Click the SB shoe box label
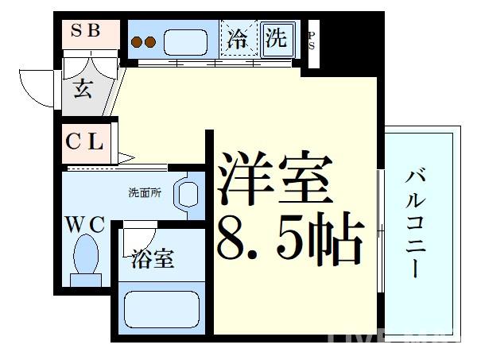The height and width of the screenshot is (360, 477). pyautogui.click(x=87, y=32)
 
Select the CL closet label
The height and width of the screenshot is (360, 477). pyautogui.click(x=84, y=143)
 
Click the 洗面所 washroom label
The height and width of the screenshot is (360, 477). pyautogui.click(x=145, y=193)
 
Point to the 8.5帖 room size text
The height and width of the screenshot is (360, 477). pyautogui.click(x=290, y=239)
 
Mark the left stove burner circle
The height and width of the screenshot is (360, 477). pyautogui.click(x=137, y=42)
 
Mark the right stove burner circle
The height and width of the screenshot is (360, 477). pyautogui.click(x=149, y=42)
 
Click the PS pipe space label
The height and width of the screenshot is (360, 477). pyautogui.click(x=311, y=40)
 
